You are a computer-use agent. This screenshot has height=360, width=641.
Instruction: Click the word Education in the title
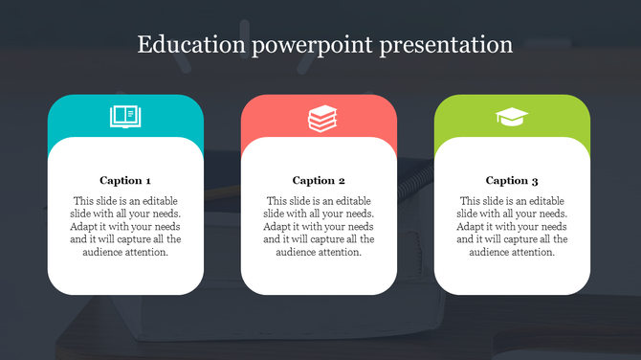[185, 45]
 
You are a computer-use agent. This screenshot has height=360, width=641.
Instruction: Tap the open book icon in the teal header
[125, 118]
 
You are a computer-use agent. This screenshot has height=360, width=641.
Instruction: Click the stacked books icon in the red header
[320, 118]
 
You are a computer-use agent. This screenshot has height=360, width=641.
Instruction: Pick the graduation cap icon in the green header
[512, 118]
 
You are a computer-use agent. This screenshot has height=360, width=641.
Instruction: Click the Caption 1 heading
[125, 180]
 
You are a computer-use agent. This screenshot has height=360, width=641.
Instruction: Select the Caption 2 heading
[319, 180]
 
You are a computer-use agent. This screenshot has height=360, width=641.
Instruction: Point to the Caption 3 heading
[512, 180]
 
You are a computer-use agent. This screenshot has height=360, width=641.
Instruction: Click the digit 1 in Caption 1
[148, 180]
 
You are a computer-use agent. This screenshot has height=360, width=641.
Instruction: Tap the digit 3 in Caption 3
[536, 180]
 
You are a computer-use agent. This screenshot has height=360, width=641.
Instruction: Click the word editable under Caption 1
[160, 202]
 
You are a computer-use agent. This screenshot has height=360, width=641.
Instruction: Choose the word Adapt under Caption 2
[278, 227]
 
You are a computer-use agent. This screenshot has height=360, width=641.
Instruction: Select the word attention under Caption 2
[340, 252]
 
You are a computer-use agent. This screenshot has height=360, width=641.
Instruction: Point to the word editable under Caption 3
[546, 202]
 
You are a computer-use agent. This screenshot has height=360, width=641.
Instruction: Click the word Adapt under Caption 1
[85, 227]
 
